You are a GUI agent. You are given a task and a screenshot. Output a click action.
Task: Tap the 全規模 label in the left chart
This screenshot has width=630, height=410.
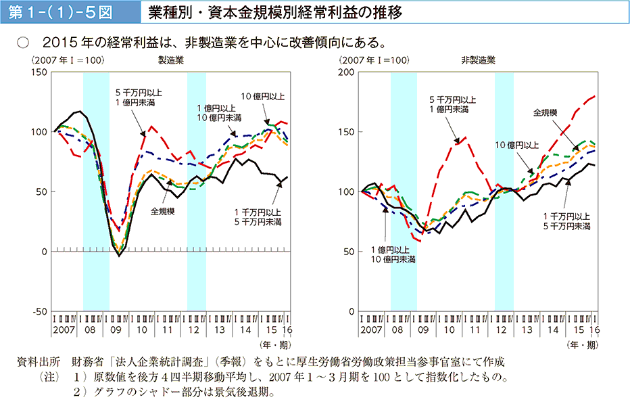click(x=164, y=211)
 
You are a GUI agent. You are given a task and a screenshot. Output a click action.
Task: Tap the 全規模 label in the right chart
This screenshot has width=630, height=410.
click(x=545, y=112)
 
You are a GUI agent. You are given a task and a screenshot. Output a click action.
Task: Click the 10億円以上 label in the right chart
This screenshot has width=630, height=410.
click(x=517, y=145)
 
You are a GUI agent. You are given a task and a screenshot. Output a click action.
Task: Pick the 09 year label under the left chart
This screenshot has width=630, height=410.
click(x=116, y=329)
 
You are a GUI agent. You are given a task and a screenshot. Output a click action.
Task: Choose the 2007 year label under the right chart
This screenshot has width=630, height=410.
click(x=372, y=329)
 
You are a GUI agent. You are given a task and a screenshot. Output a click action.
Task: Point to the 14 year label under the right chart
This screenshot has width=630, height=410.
click(x=553, y=329)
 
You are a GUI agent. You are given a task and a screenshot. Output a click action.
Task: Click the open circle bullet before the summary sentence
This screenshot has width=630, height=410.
click(x=23, y=41)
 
